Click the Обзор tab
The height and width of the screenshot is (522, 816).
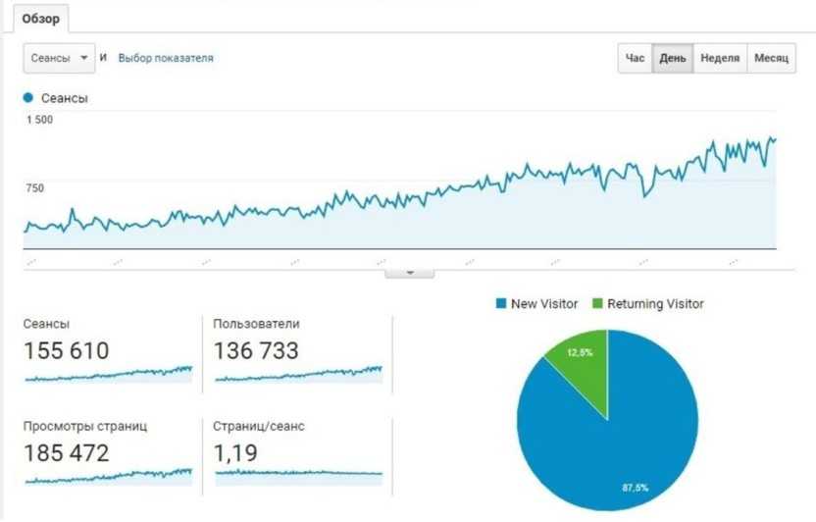40,20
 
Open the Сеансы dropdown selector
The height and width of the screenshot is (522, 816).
58,59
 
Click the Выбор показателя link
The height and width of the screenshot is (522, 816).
165,59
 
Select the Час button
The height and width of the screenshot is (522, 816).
636,59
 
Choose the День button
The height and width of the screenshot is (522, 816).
673,59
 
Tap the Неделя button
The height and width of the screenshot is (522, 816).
720,59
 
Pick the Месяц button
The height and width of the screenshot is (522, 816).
771,59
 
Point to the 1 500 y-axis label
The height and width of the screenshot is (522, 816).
40,120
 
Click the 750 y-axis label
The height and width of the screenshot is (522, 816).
34,188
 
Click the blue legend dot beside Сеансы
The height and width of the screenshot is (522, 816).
28,98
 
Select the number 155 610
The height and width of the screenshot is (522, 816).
67,350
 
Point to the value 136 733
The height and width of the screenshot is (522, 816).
256,350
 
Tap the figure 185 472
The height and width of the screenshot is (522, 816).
67,453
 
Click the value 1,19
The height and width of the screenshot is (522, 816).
234,453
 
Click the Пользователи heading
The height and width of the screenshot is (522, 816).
256,324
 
